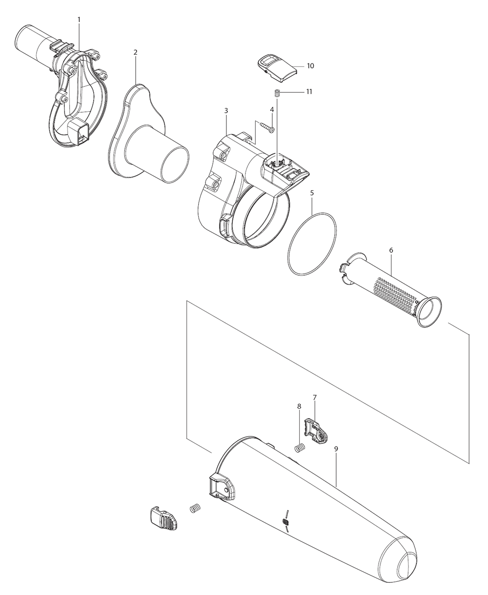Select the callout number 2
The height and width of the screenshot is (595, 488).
(135, 52)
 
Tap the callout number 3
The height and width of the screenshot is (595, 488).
(226, 111)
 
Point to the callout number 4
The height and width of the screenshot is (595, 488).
(272, 109)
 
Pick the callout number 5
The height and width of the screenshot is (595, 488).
(312, 193)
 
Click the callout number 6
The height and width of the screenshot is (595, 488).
(391, 250)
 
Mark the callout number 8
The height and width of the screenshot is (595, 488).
(299, 406)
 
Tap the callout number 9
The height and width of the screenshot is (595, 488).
(336, 448)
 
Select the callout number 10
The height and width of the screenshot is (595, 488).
(310, 65)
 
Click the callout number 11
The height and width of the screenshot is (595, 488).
(309, 91)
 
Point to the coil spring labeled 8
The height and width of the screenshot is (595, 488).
(300, 447)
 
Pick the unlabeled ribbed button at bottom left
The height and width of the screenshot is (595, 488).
(163, 517)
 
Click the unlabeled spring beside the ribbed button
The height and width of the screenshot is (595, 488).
(195, 509)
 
